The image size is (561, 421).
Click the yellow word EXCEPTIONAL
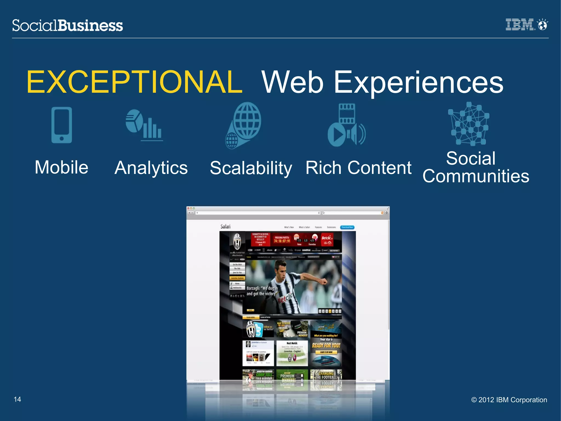tap(134, 82)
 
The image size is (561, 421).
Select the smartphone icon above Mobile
tap(62, 125)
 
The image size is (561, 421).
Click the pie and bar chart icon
tap(144, 125)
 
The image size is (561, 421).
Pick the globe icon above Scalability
tap(244, 125)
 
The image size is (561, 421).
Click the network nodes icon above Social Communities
tap(469, 124)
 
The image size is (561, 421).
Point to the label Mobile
tap(62, 167)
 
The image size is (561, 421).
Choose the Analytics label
tap(151, 168)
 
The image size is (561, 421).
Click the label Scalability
tap(251, 168)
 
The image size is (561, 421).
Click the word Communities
tap(476, 176)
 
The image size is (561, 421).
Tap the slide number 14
tap(17, 399)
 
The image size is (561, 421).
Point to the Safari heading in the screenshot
tap(225, 227)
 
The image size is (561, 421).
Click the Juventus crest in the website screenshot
tap(237, 241)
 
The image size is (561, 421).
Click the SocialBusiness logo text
tap(67, 25)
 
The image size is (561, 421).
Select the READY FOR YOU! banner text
tap(326, 346)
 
